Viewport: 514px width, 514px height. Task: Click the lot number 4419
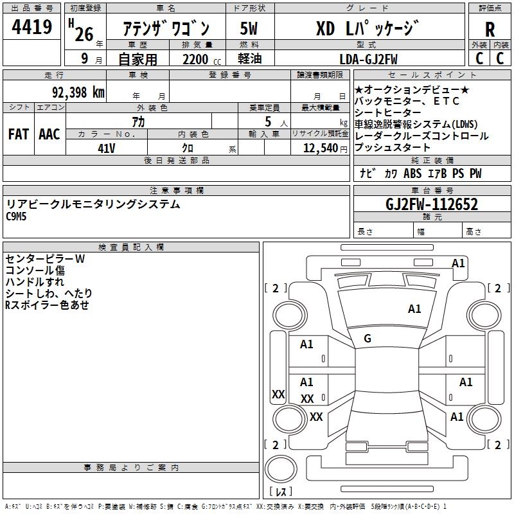[32, 28]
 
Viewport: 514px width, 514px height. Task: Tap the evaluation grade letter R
[490, 29]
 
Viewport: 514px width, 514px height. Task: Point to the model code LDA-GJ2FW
[368, 59]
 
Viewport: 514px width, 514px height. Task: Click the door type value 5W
[249, 29]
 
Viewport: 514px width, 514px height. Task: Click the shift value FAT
[18, 134]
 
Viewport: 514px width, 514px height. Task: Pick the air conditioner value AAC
[49, 134]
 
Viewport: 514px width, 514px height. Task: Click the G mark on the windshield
[368, 339]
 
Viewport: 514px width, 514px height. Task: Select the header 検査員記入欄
[131, 247]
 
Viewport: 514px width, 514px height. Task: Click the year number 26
[84, 33]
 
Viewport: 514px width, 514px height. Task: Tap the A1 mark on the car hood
[414, 309]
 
